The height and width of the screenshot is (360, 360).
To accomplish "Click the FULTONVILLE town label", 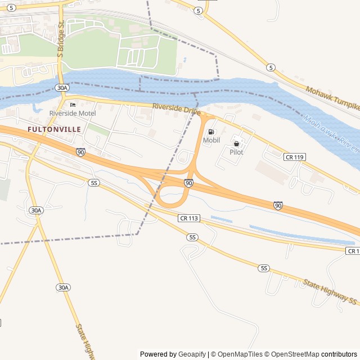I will (x=54, y=129).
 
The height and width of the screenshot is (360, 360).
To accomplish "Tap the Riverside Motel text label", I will (x=72, y=113).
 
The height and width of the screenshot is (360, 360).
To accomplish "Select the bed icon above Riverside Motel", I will (x=72, y=105).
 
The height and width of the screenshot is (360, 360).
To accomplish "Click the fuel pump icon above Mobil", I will (x=211, y=132).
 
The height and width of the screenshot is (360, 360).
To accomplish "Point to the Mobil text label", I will (x=211, y=140).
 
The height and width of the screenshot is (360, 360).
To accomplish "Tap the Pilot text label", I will (x=236, y=152).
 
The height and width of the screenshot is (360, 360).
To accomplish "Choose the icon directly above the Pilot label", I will (x=236, y=143).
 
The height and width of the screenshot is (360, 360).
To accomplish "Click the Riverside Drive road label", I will (x=176, y=109).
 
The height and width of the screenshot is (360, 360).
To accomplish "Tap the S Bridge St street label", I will (x=61, y=39).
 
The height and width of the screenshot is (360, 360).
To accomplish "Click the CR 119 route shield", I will (x=295, y=156).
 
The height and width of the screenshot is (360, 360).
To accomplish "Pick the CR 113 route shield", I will (x=189, y=218).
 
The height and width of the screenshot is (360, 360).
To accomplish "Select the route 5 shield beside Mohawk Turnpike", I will (x=271, y=67).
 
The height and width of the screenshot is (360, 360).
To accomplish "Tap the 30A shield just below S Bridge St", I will (x=62, y=88).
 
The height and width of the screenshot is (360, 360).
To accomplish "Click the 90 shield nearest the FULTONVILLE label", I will (x=81, y=152).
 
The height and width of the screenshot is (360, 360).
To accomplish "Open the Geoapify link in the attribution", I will (x=191, y=354).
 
